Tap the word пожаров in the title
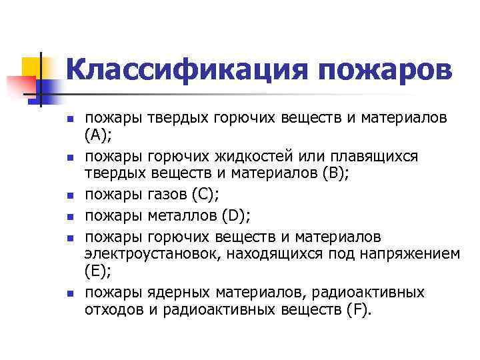(x=382, y=70)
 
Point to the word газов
(x=162, y=196)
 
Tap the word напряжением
(x=408, y=253)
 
